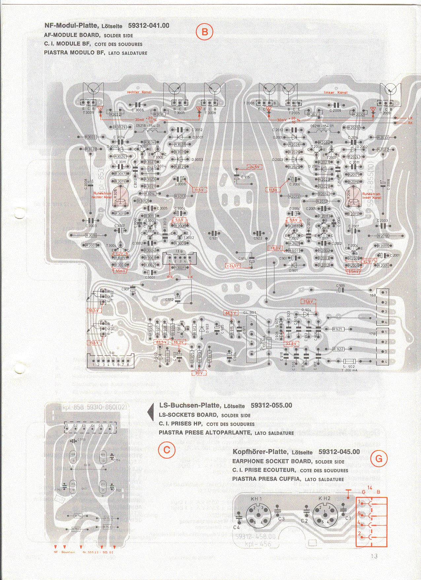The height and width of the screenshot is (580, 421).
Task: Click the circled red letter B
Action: coord(204,32)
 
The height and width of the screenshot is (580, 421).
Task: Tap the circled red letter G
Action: coord(379,459)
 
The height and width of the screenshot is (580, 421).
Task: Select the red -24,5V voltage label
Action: coord(254,167)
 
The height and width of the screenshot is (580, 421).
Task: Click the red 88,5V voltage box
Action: coord(231,313)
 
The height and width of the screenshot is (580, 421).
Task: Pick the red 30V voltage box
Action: coord(199,373)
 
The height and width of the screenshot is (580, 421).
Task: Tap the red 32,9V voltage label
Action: coord(291,344)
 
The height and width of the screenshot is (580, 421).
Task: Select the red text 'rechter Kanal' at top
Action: coord(139,92)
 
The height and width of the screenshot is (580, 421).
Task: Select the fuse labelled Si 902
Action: coord(350,362)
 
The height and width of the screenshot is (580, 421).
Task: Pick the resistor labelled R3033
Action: coord(90,137)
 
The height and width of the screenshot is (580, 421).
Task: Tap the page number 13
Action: coord(374,556)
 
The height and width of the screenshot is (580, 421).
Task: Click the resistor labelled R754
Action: coord(78,516)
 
